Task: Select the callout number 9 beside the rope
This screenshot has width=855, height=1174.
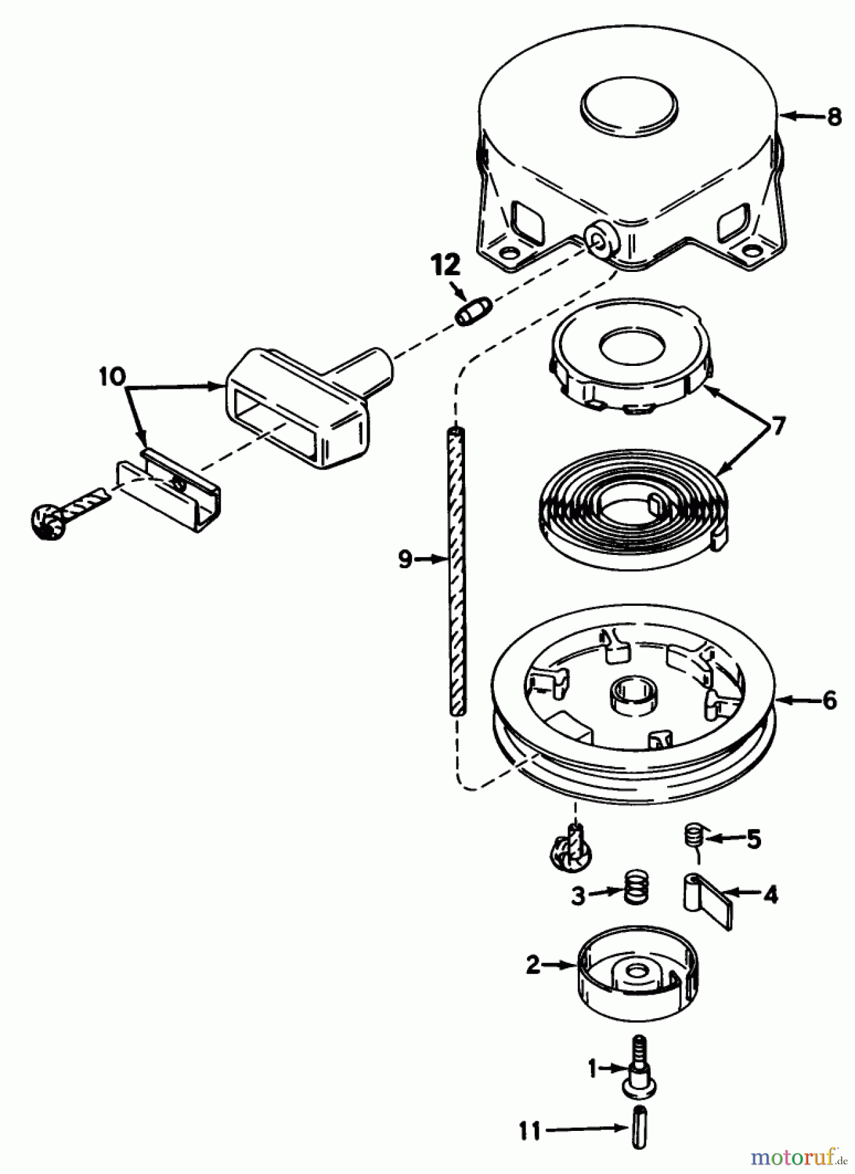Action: click(405, 559)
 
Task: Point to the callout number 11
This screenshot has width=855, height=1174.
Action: click(530, 1131)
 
